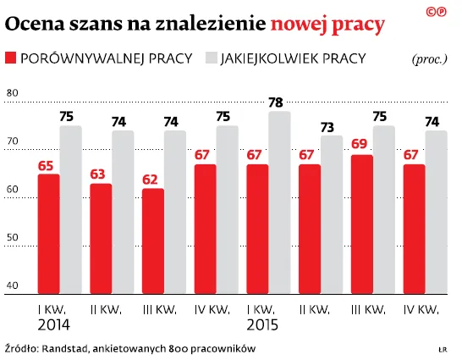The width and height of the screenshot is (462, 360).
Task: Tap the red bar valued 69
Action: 361,224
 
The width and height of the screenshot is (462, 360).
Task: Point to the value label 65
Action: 48,165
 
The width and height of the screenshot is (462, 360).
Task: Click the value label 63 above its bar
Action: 101,175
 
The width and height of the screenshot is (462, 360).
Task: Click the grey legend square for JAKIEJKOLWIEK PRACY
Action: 211,58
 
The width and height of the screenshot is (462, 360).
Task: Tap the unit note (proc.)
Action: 430,59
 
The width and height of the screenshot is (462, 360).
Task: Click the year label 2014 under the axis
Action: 53,325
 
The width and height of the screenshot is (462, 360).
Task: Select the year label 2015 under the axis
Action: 262,325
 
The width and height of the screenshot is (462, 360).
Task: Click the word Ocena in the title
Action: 35,25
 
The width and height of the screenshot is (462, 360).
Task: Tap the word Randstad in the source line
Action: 67,348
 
